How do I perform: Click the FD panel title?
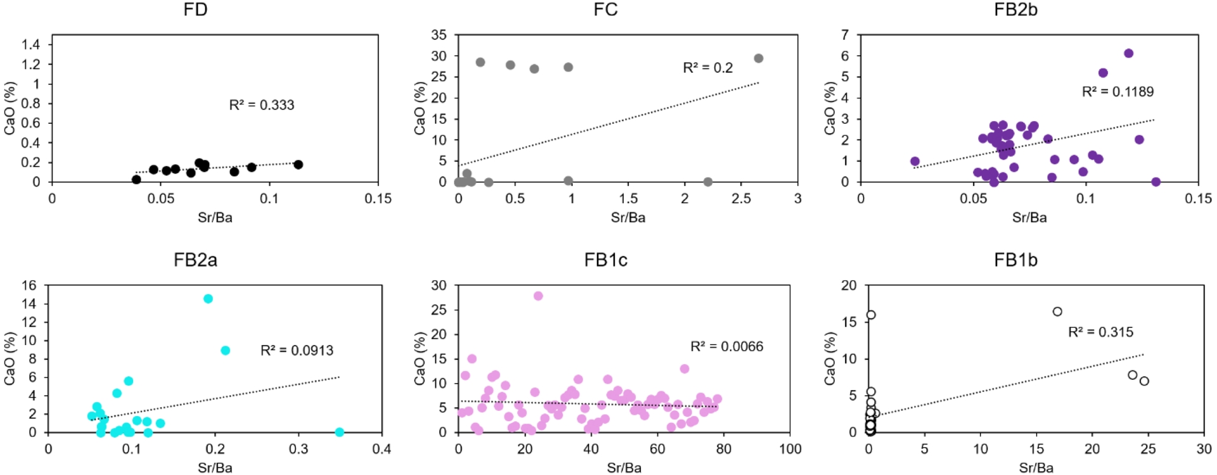coord(195,10)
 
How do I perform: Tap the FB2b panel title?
coord(1015,10)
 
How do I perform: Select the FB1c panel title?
coord(605,260)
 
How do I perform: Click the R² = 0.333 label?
coord(262,105)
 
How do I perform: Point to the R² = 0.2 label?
coord(707,68)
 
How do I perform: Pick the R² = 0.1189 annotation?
coord(1117,92)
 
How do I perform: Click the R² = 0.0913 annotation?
coord(297,351)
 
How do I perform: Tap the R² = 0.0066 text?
coord(726,347)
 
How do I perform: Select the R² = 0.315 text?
coord(1100,332)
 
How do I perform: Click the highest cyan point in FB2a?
coord(208,299)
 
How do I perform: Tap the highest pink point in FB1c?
coord(538,296)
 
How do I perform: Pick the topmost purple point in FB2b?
coord(1128,53)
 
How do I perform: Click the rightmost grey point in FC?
coord(759,58)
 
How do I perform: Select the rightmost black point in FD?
coord(299,165)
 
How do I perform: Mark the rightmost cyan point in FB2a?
coord(339,432)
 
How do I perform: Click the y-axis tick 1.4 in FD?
coord(30,44)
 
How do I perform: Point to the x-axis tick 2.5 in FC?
coord(741,198)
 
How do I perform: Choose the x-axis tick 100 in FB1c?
coord(790,449)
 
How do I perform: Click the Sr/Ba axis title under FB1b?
coord(1036,468)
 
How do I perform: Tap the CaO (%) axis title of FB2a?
coord(10,359)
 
